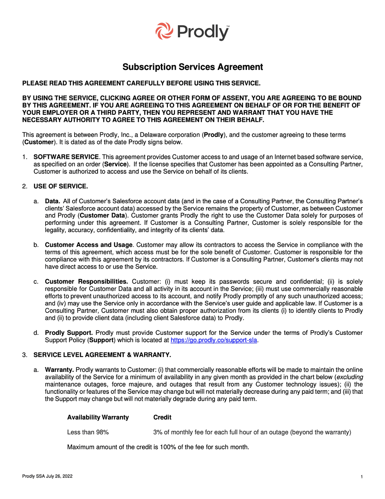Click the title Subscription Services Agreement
[x=192, y=67]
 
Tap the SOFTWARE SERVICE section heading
[x=67, y=157]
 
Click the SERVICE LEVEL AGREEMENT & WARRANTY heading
[x=102, y=355]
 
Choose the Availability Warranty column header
[x=98, y=417]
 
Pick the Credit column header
[x=162, y=417]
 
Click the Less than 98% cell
[x=88, y=432]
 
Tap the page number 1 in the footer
[x=361, y=477]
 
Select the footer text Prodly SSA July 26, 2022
[x=47, y=477]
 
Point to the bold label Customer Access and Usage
[x=89, y=245]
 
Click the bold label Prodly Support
[x=69, y=333]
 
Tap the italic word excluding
[x=349, y=377]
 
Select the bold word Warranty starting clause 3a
[x=59, y=370]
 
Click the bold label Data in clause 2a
[x=53, y=201]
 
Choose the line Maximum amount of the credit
[x=158, y=447]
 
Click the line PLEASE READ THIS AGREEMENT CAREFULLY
[x=141, y=83]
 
